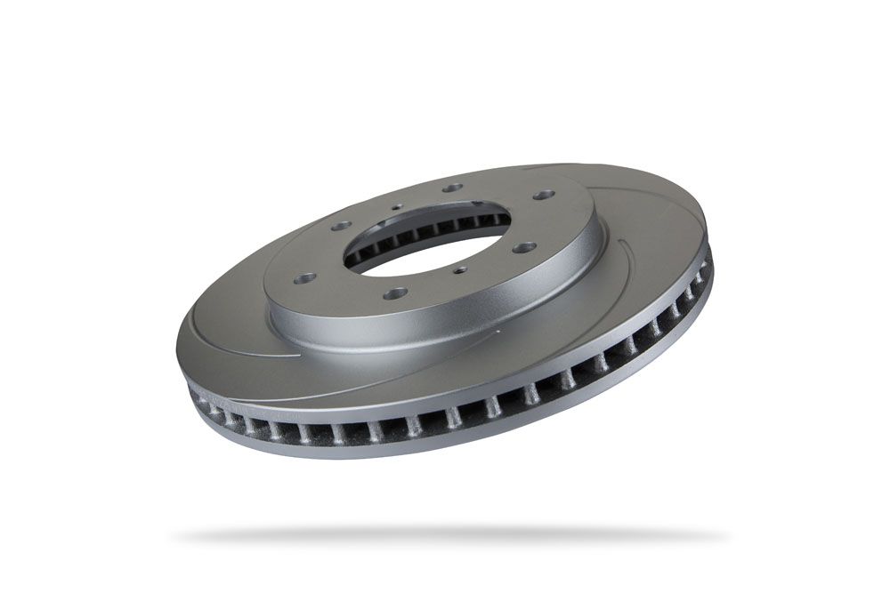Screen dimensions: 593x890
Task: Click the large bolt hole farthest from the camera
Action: click(x=453, y=188)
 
